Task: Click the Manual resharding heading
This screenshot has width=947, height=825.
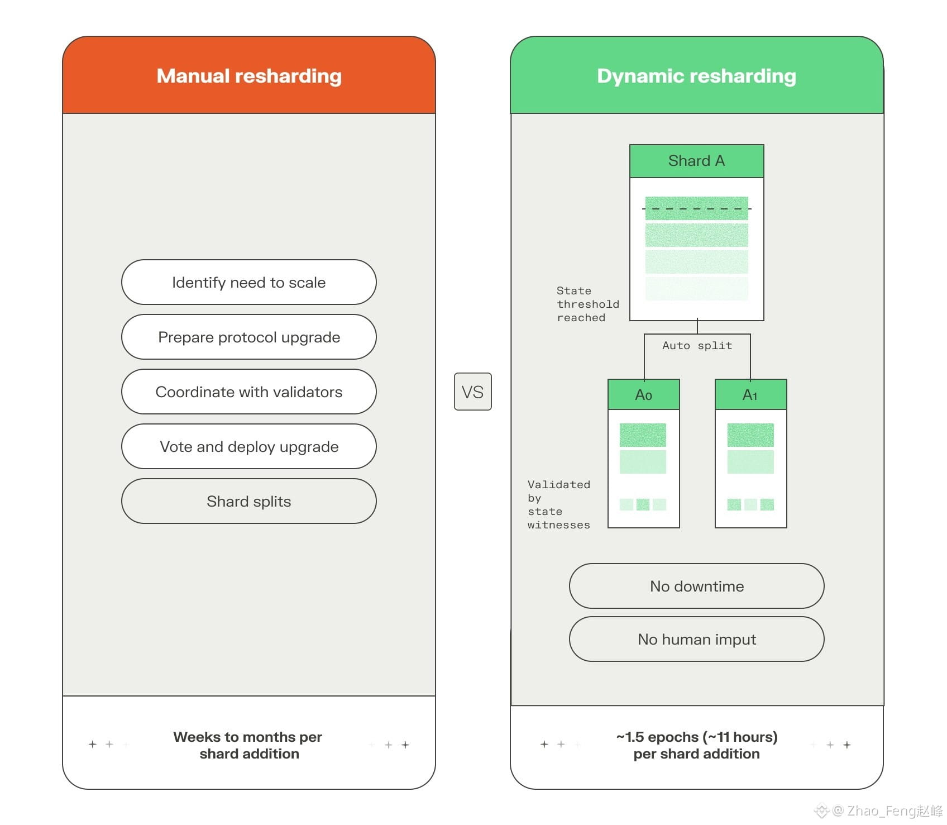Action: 249,76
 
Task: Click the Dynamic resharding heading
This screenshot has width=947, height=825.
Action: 696,76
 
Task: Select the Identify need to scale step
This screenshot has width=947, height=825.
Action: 249,282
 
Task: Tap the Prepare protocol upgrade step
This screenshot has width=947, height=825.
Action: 249,337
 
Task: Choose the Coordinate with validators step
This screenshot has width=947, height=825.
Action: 249,392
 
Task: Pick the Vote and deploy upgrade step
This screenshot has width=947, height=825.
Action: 249,446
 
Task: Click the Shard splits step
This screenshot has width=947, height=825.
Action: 249,501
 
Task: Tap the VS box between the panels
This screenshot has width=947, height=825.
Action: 473,392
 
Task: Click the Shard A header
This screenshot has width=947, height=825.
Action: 697,161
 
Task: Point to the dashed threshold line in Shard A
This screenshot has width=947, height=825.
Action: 697,209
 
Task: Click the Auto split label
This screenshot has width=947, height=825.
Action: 697,346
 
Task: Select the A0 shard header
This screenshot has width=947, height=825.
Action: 644,395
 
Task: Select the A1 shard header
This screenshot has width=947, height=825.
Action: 751,395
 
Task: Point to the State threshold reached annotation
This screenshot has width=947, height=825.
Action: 588,304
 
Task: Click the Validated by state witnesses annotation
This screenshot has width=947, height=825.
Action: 559,505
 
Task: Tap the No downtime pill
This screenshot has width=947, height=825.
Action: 697,586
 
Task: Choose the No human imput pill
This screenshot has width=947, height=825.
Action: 697,639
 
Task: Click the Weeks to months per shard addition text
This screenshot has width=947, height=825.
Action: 248,745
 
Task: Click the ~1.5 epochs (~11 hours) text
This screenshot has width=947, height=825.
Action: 697,737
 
